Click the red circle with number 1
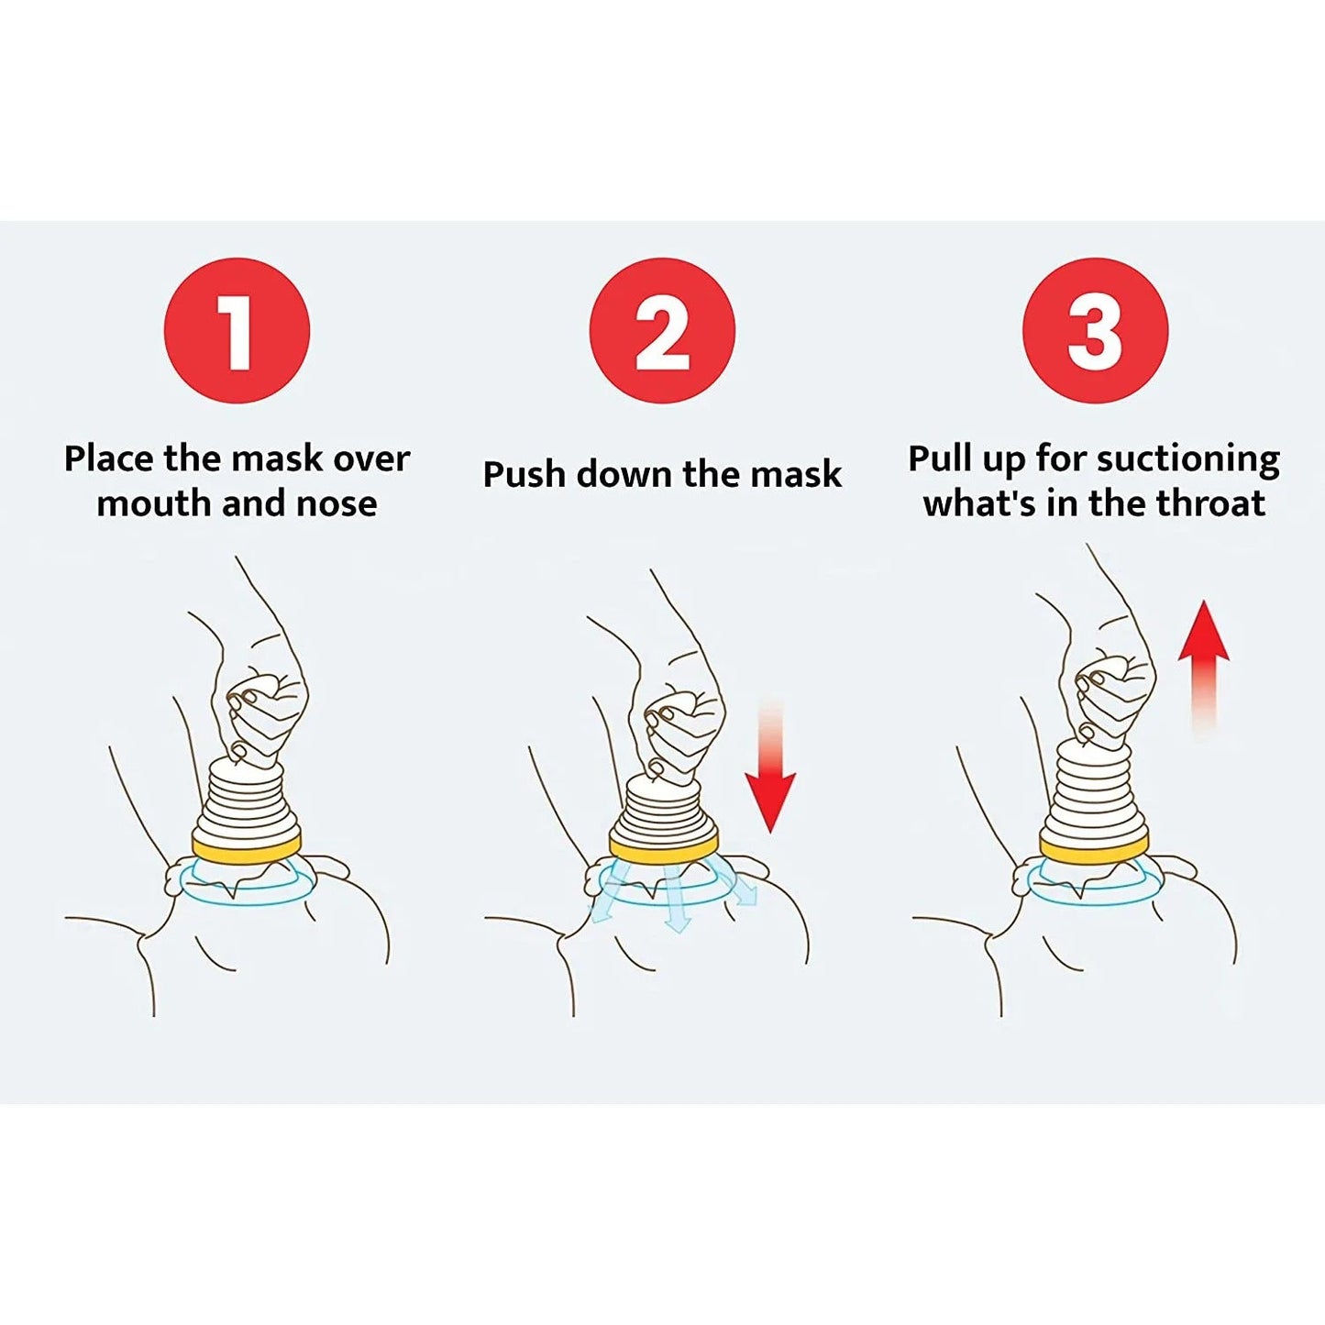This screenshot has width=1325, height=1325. coord(237,330)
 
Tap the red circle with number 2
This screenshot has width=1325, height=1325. coord(661,330)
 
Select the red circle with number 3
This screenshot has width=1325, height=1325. coord(1095,330)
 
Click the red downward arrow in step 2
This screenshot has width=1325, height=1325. coord(769,789)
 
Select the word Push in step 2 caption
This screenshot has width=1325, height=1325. coord(524,475)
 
